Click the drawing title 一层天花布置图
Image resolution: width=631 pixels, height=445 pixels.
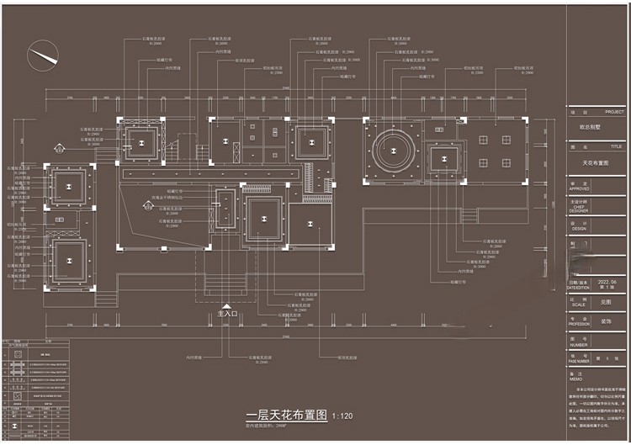(x=286, y=416)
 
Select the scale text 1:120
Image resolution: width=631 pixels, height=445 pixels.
(x=343, y=416)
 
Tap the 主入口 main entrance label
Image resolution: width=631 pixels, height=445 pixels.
(x=228, y=314)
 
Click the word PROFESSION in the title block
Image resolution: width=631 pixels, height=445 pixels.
(x=580, y=324)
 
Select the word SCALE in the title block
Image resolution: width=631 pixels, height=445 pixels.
(x=578, y=305)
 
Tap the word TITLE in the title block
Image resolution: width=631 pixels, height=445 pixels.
(x=617, y=146)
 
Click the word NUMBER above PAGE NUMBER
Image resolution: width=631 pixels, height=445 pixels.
(x=578, y=344)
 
